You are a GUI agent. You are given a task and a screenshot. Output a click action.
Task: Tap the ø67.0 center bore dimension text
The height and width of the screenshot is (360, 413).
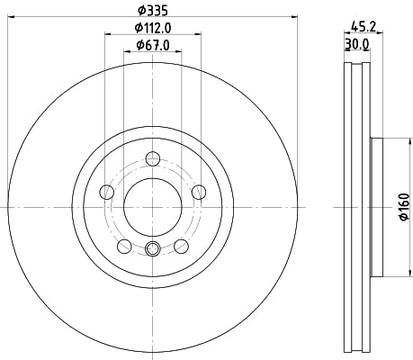151,46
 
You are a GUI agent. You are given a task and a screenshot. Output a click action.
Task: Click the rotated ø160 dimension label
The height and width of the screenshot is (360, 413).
403,207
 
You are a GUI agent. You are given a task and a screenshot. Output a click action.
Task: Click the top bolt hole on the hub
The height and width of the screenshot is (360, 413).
152,159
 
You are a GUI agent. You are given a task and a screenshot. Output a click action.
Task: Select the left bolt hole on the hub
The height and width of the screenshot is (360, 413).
107,191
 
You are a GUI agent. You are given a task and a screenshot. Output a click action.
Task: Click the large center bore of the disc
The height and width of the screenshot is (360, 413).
152,206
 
